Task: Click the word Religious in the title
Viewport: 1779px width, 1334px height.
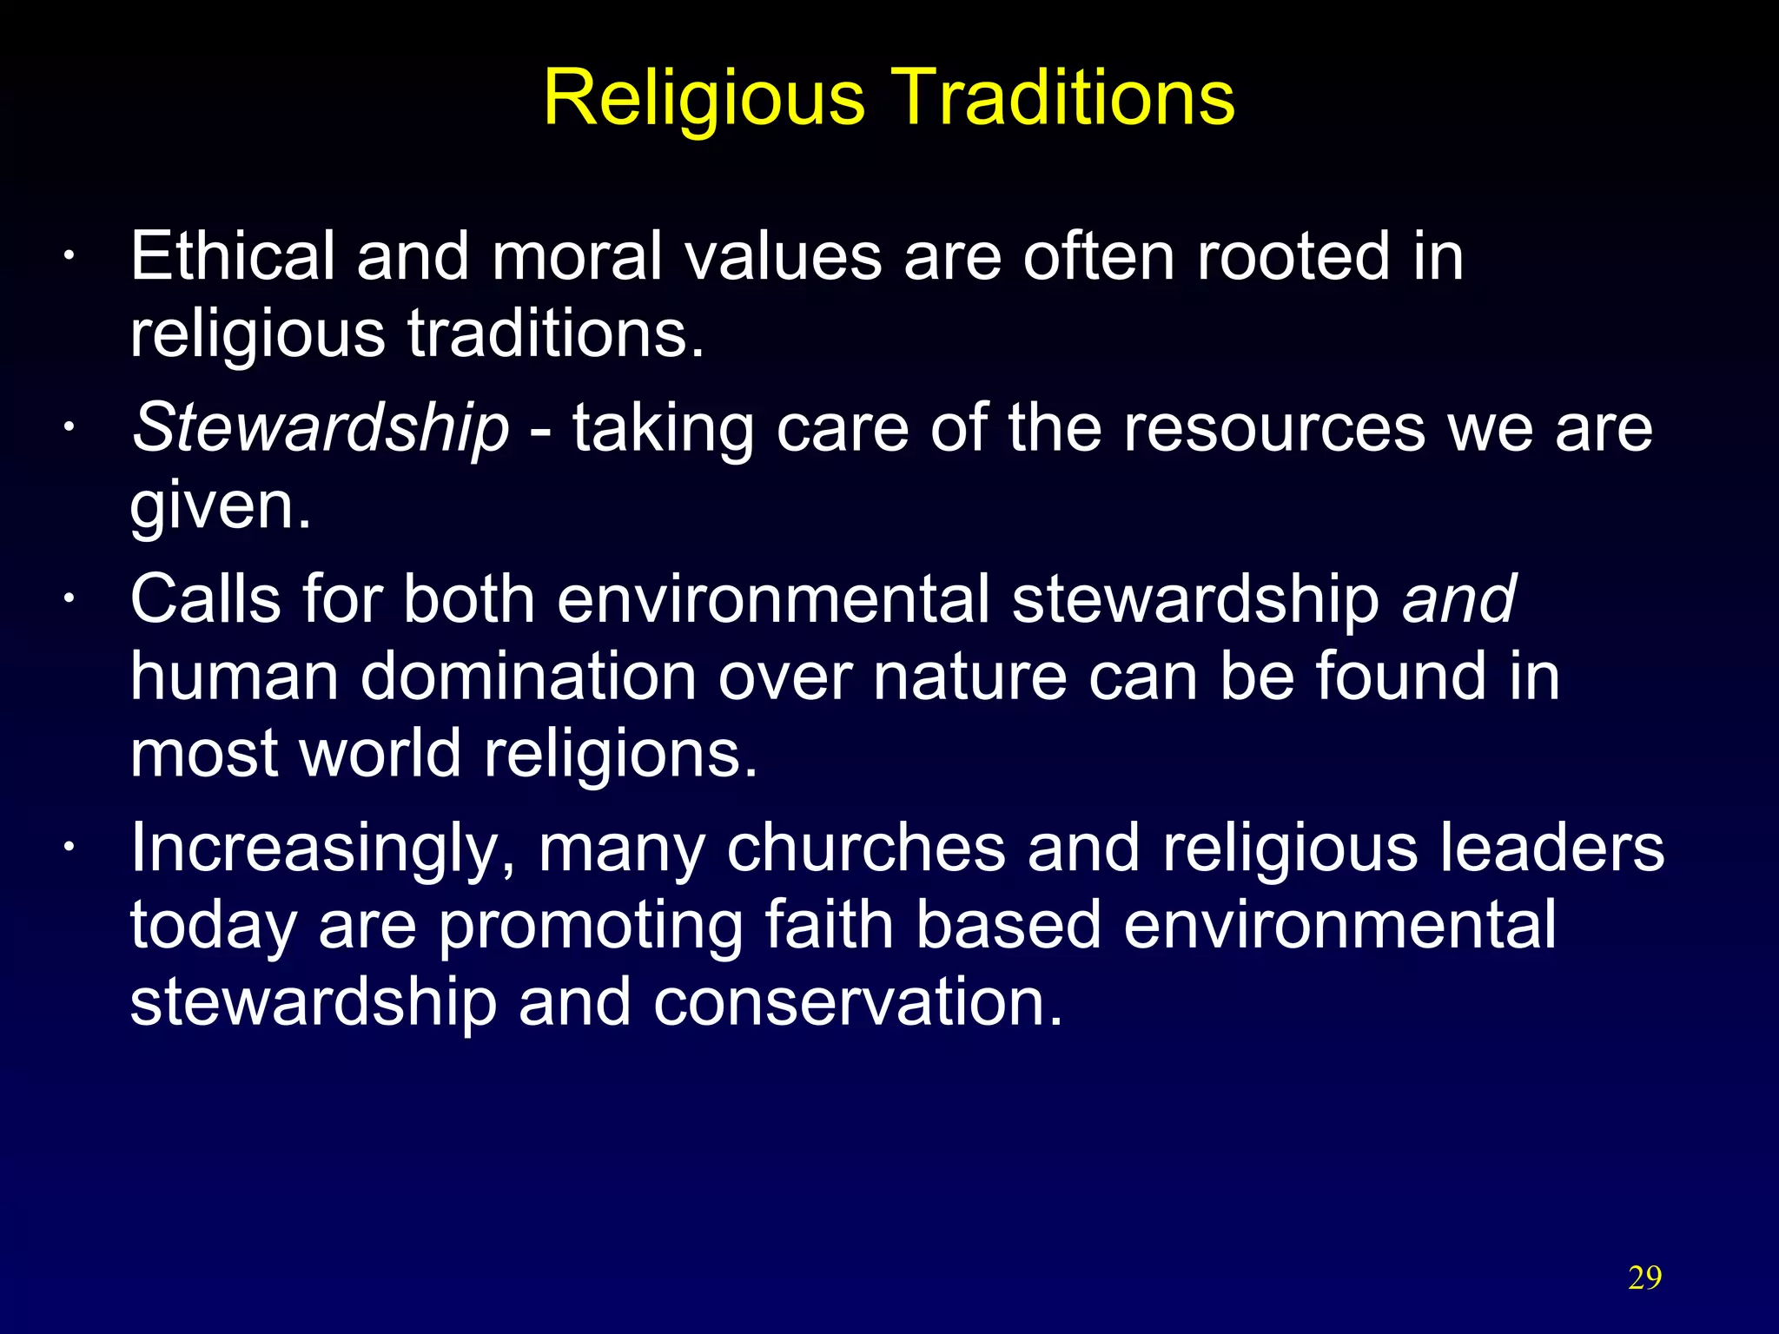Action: tap(704, 98)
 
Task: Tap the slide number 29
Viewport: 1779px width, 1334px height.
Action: tap(1644, 1278)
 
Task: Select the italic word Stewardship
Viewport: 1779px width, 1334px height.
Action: tap(320, 429)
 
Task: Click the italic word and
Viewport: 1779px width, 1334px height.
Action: tap(1458, 599)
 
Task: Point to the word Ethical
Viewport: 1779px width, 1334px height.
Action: tap(232, 256)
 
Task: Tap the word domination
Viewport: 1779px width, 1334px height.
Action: tap(528, 677)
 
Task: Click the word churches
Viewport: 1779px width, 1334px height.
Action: tap(865, 849)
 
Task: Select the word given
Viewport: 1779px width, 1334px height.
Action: tap(220, 506)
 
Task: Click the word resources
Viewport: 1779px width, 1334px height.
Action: tap(1274, 429)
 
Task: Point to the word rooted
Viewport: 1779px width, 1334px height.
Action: tap(1293, 256)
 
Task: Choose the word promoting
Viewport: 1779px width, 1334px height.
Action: tap(590, 927)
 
